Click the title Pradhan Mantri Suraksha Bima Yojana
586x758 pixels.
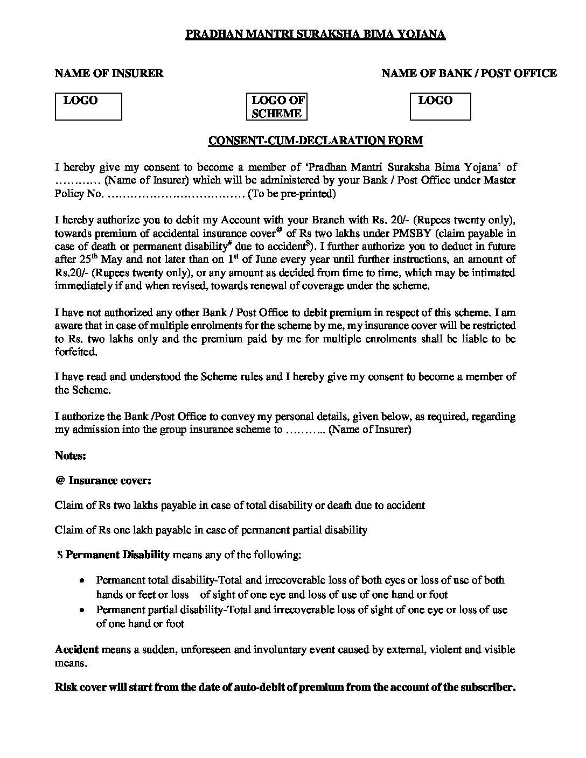point(316,35)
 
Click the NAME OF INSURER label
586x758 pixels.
point(109,73)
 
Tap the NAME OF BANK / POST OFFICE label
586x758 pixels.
point(469,73)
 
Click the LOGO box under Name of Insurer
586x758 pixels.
point(89,107)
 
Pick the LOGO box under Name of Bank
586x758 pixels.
point(440,107)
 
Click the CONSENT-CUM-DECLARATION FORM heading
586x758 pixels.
point(316,141)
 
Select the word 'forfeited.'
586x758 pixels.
point(76,352)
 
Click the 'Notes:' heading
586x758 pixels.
point(71,455)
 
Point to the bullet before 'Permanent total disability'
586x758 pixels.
point(81,581)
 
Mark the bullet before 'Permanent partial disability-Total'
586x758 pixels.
point(81,610)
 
